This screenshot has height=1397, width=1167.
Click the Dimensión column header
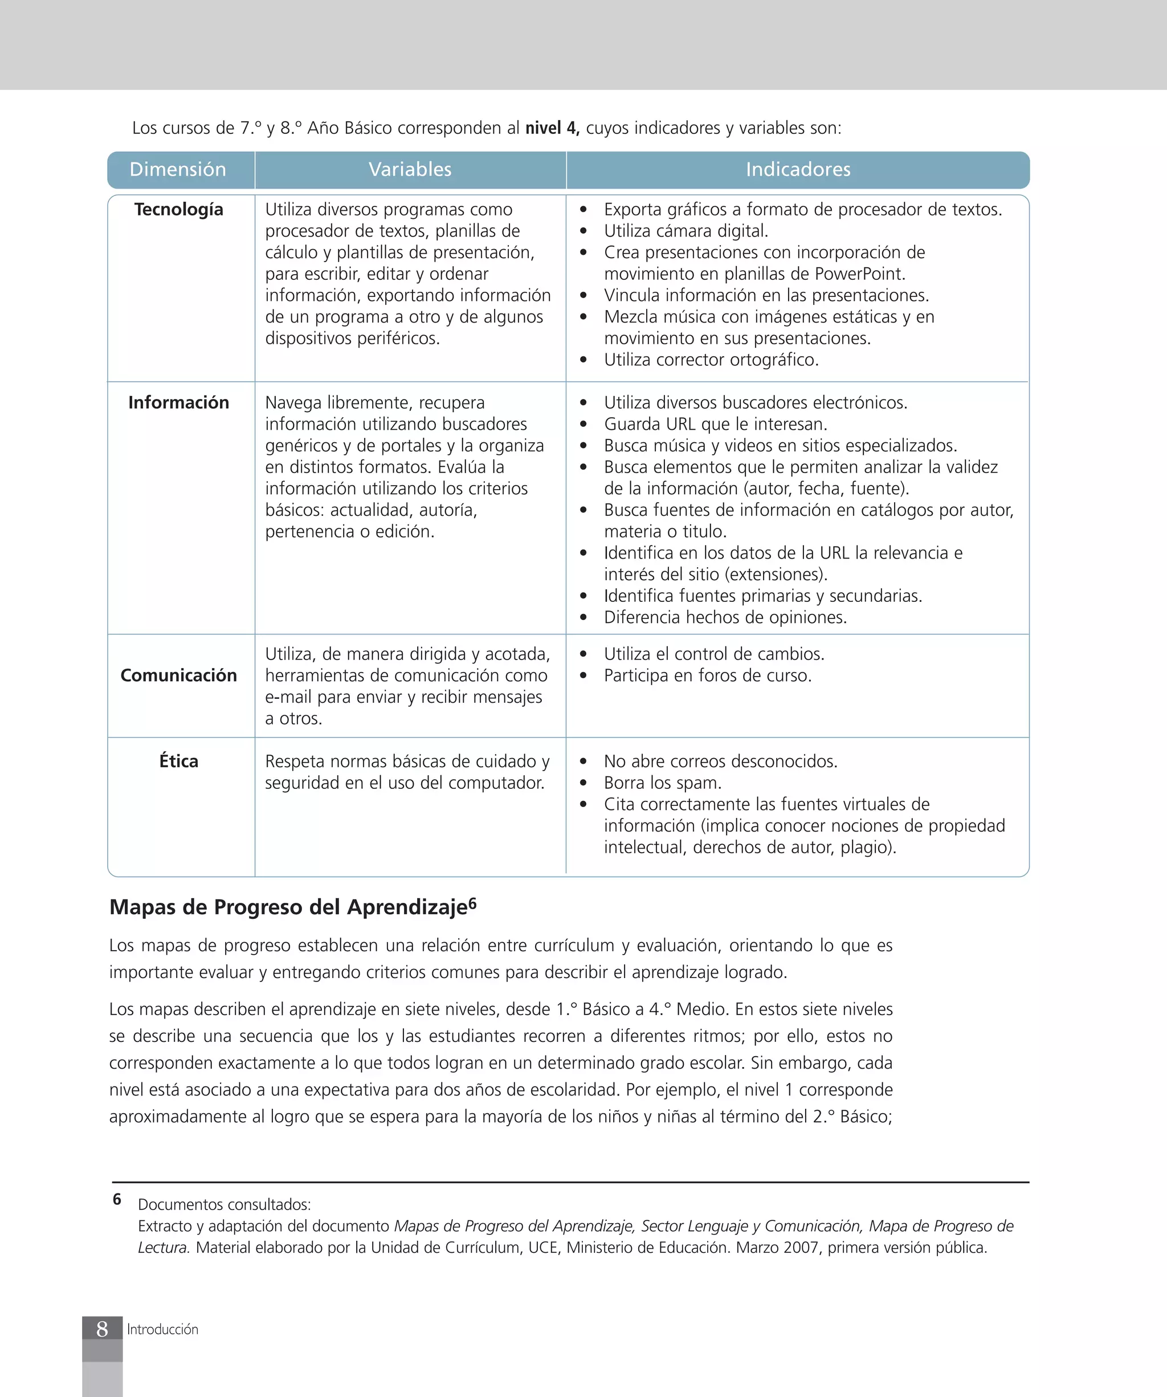tap(178, 170)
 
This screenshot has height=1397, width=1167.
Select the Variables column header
tap(410, 170)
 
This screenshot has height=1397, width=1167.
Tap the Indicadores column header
tap(797, 170)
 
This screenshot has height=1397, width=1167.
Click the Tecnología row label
tap(178, 210)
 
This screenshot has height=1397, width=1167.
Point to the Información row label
tap(178, 402)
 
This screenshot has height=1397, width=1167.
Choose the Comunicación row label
tap(178, 675)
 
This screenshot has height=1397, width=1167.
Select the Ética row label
tap(178, 761)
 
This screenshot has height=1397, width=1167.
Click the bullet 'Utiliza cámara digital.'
tap(685, 231)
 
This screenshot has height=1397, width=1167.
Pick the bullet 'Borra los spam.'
tap(662, 783)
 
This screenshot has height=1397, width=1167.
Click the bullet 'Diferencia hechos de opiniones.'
tap(725, 617)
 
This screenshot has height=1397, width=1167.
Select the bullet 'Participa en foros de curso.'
tap(708, 676)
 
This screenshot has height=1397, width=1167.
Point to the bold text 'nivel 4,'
tap(552, 128)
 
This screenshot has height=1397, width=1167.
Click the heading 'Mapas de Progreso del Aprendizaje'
tap(288, 907)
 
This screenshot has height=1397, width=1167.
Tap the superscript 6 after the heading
tap(472, 903)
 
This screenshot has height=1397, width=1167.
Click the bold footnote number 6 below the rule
tap(117, 1199)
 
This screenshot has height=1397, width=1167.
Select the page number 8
tap(102, 1329)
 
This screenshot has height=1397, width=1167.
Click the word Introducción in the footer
tap(162, 1329)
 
